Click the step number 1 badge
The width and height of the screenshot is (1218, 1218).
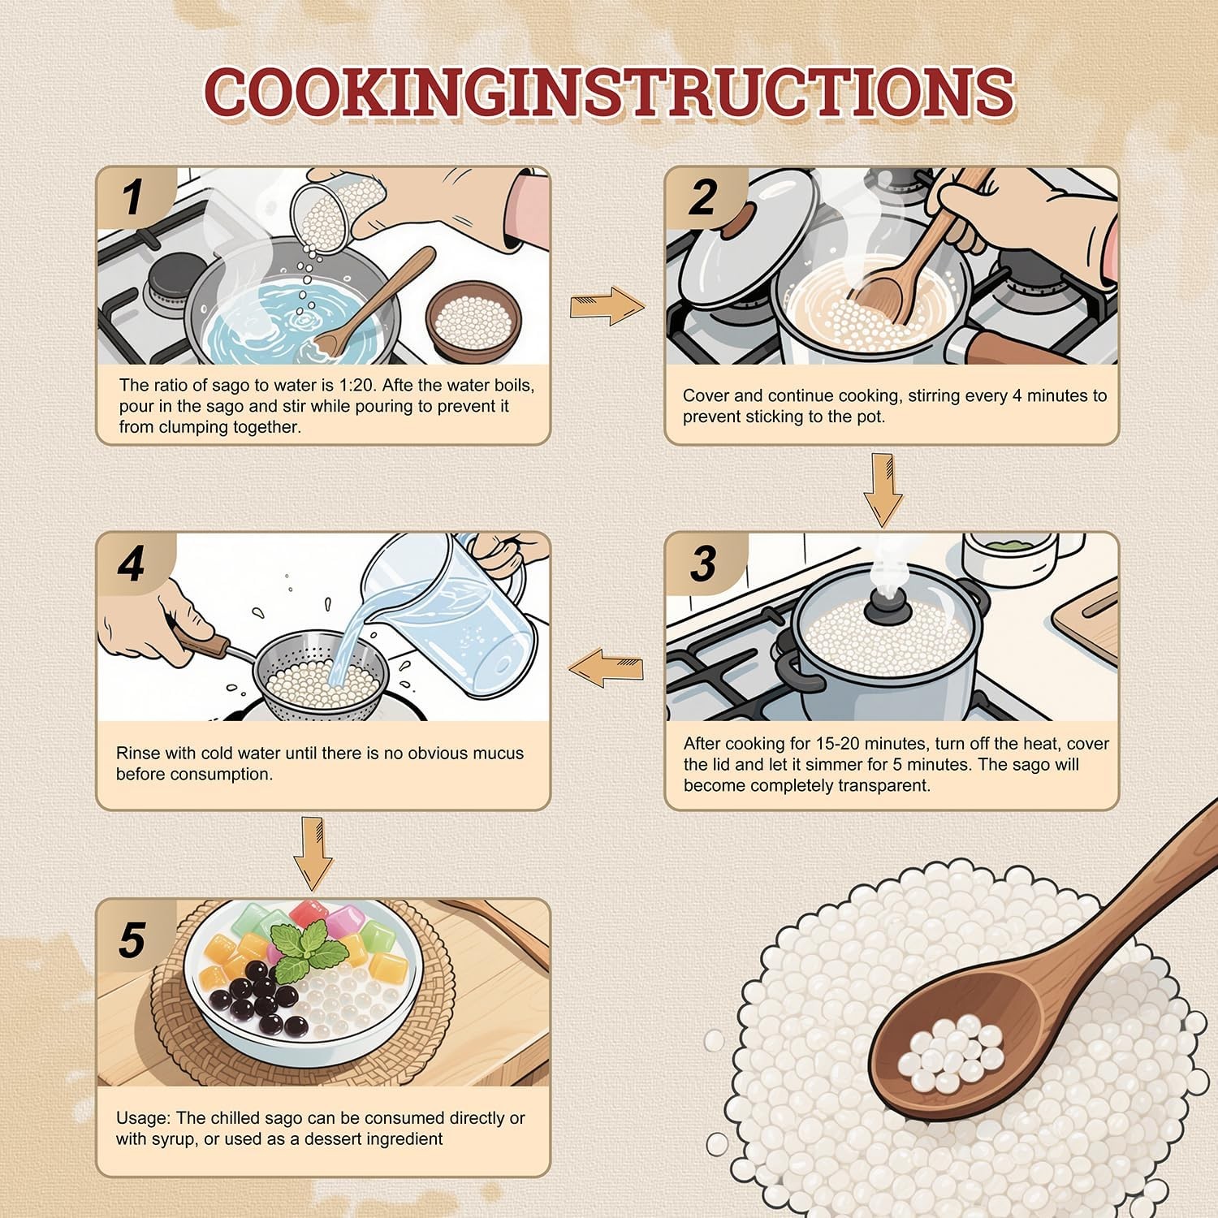pos(133,197)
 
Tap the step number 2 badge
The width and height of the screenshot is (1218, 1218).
pos(703,197)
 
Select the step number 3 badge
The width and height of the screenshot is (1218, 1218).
pos(703,564)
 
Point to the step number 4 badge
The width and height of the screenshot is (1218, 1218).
pos(133,564)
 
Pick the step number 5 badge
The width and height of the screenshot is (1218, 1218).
pos(133,940)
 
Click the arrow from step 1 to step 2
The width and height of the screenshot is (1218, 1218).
pos(607,306)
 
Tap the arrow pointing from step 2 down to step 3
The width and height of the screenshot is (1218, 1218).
pos(883,490)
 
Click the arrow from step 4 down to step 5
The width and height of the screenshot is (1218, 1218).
pos(313,853)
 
